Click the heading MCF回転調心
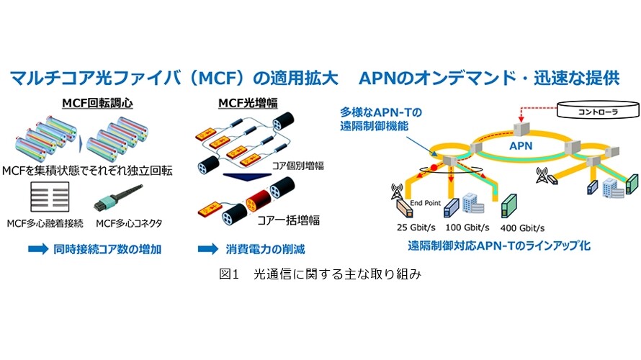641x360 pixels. tap(97, 103)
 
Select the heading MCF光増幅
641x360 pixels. tap(248, 103)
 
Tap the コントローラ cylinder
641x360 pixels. tap(599, 109)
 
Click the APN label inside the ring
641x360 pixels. tap(521, 145)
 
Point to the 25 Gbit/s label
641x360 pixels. tap(416, 228)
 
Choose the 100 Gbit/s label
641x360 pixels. tap(467, 228)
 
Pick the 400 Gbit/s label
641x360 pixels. tap(522, 228)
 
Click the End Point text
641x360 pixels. tap(425, 202)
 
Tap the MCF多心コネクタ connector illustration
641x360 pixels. tap(118, 198)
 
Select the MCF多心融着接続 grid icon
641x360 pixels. tap(50, 197)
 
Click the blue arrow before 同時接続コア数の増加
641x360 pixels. tap(38, 249)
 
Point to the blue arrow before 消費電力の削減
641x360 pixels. tap(208, 249)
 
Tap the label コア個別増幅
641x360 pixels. tap(298, 166)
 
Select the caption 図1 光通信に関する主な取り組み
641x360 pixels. tap(320, 274)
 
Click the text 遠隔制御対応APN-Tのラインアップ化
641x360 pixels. tap(499, 246)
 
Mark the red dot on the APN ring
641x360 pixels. tap(434, 168)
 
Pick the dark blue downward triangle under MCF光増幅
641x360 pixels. tap(247, 177)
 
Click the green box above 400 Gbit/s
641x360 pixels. tap(508, 206)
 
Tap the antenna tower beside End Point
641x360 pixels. tap(397, 192)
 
